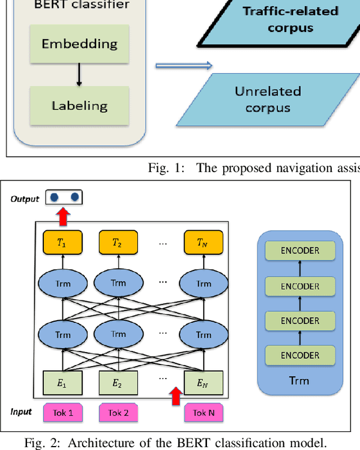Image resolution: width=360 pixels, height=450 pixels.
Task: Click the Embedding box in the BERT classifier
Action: tap(79, 44)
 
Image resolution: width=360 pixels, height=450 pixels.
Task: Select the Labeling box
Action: tap(79, 105)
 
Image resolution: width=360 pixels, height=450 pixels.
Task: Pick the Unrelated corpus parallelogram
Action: tap(268, 98)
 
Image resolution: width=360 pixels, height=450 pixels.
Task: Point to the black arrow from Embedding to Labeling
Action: tap(79, 74)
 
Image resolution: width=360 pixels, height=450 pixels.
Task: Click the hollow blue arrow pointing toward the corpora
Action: tap(183, 66)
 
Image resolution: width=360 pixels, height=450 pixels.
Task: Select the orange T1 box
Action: tap(63, 242)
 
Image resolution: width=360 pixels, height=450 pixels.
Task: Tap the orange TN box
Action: tap(204, 242)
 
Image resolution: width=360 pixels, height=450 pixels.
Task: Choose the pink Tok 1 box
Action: tap(62, 413)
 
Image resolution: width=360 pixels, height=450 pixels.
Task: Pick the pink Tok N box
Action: tap(204, 413)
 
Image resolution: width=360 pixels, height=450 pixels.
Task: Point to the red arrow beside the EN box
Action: tap(176, 395)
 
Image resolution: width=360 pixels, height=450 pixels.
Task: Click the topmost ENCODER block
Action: tap(300, 251)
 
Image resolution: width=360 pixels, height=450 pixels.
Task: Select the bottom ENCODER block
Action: tap(300, 355)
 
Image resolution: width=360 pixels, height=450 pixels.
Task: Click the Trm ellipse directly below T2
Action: tap(118, 283)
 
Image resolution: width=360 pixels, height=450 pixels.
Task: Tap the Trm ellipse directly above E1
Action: tap(63, 335)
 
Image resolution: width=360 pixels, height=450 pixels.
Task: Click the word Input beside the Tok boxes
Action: tap(21, 412)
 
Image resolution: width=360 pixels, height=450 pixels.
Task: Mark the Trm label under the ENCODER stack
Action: tap(299, 380)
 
